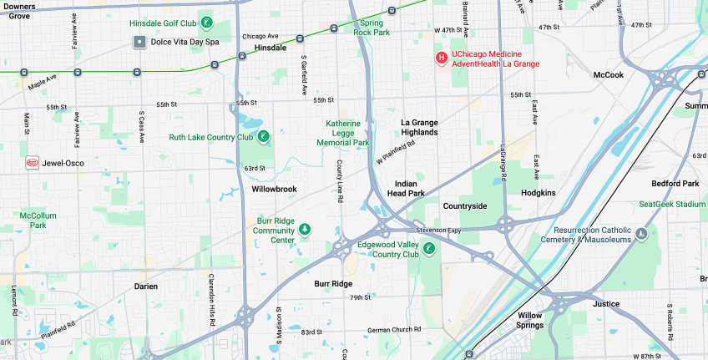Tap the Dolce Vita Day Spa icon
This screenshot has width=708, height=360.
click(x=139, y=42)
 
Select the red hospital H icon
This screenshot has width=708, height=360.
click(x=442, y=58)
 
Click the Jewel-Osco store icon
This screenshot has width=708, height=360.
click(x=33, y=162)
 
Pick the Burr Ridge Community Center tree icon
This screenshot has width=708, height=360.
click(x=305, y=230)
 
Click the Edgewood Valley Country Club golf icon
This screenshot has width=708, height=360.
click(x=428, y=248)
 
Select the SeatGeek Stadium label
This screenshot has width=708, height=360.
click(x=672, y=204)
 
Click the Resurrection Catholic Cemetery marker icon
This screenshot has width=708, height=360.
click(x=641, y=234)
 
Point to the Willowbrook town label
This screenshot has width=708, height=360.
click(x=274, y=190)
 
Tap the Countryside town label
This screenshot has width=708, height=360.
click(x=465, y=205)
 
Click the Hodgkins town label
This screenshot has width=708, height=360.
click(x=538, y=193)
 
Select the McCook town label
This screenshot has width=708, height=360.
click(x=608, y=75)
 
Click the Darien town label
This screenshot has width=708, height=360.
click(x=145, y=286)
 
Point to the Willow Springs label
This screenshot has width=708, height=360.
click(x=529, y=321)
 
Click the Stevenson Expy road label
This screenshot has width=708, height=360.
click(x=438, y=230)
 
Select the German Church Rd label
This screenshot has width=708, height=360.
click(x=395, y=331)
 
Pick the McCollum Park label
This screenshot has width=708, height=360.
click(x=38, y=220)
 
